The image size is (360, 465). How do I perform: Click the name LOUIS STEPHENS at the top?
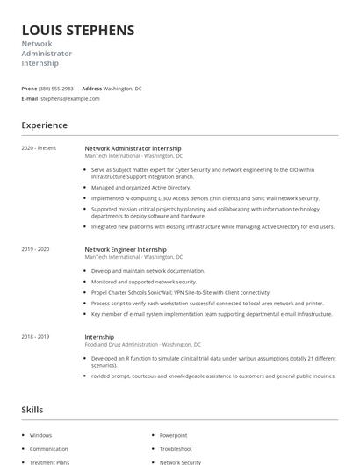pos(78,31)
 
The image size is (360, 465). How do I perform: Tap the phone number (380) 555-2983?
pos(56,89)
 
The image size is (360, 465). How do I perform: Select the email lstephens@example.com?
pos(69,99)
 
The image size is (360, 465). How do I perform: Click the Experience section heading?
pos(44,125)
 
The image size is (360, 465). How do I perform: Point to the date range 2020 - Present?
pos(39,148)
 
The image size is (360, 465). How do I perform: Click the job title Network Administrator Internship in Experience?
pos(132,148)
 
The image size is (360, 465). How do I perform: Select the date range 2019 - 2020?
pos(35,249)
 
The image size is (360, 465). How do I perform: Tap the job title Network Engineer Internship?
pos(126,249)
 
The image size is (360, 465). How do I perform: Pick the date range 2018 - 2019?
pos(35,337)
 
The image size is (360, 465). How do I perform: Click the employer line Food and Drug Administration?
pos(142,345)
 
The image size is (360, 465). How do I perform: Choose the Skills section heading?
pos(32,410)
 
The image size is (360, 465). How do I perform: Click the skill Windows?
pos(40,435)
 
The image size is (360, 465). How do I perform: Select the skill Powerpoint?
pos(173,435)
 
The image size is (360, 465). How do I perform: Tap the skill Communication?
pos(48,448)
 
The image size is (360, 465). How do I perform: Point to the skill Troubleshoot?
pos(176,448)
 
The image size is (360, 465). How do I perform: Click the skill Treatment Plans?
pos(49,461)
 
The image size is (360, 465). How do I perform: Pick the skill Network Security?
pos(180,461)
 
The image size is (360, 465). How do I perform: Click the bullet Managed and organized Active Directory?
pos(140,187)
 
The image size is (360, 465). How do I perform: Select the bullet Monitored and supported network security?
pos(144,282)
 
